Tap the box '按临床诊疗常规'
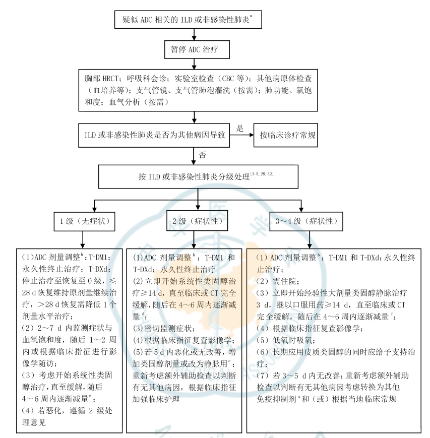click(x=286, y=135)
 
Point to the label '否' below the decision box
click(x=202, y=155)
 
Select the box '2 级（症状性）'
click(x=197, y=221)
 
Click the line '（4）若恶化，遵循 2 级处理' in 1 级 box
click(x=66, y=410)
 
